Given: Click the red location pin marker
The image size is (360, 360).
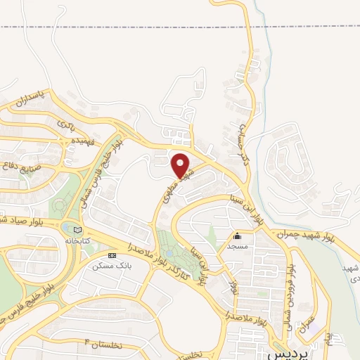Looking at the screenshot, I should [182, 166].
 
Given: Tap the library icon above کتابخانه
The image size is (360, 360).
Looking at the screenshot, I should [77, 230].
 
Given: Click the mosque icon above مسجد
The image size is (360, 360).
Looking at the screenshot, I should [237, 237].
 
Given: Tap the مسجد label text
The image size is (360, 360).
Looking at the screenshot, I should [237, 247].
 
